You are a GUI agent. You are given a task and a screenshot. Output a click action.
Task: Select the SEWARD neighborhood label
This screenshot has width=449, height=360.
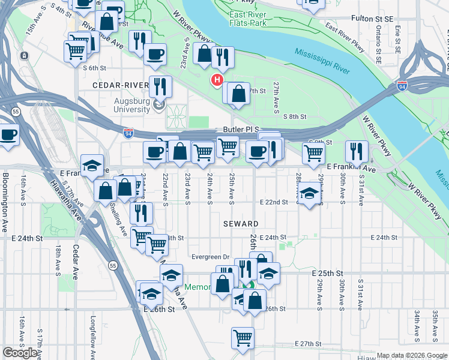coord(240,223)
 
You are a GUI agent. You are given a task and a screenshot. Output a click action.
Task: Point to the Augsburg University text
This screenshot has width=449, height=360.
coord(131,105)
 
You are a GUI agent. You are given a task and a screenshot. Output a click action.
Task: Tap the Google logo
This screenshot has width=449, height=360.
coord(20,353)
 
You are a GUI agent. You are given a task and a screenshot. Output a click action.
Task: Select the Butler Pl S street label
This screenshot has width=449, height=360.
coord(240,129)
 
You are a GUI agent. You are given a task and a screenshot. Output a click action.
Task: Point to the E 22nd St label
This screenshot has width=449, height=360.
coord(274,202)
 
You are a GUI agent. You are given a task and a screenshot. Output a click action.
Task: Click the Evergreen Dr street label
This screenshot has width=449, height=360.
coord(211,257)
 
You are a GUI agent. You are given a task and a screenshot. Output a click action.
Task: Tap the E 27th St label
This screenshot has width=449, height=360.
coord(309,344)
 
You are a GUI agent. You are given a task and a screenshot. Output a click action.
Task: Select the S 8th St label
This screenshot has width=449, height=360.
coord(295,117)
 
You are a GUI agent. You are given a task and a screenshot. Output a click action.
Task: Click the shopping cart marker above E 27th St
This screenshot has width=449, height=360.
coord(242,337)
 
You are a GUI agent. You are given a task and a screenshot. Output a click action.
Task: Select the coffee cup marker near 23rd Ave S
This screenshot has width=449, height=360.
coord(155,53)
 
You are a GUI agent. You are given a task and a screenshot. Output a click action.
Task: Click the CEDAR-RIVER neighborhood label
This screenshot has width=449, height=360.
coord(120,85)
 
